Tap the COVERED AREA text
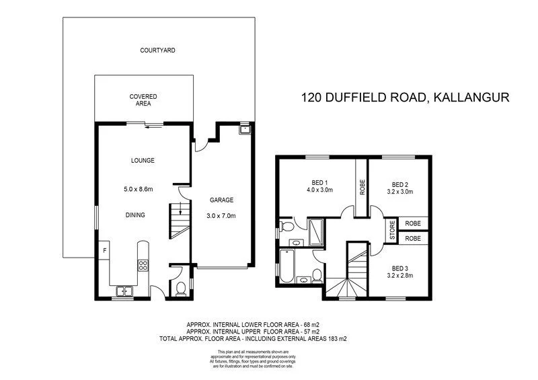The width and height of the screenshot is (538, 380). tap(143, 100)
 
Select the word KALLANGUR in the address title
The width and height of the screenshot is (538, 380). tap(471, 97)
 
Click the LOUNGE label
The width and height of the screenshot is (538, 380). tap(143, 161)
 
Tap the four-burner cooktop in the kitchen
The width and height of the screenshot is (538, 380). tap(143, 266)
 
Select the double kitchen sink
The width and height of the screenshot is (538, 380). tap(124, 291)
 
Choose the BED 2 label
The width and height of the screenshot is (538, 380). tap(401, 184)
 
